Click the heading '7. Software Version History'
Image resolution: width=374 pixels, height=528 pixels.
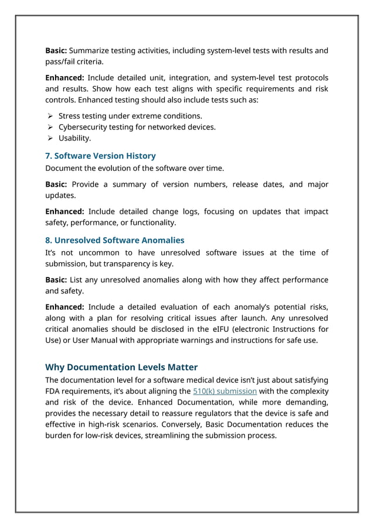(x=100, y=156)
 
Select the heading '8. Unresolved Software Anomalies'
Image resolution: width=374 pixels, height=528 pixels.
(x=114, y=240)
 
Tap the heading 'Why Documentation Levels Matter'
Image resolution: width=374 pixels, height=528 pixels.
(x=121, y=367)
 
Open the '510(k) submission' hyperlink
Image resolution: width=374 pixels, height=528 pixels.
(x=225, y=391)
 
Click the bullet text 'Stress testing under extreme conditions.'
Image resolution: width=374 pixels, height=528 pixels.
(x=130, y=116)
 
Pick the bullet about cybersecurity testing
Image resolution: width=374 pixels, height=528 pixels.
(x=137, y=127)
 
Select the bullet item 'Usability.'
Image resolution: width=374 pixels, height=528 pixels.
(x=74, y=138)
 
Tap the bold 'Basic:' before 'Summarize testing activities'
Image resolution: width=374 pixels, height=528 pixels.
(x=56, y=50)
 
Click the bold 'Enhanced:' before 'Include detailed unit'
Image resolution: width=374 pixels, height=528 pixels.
(x=64, y=78)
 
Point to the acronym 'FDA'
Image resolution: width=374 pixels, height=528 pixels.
(x=54, y=391)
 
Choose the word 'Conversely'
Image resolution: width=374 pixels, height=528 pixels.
(x=220, y=424)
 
